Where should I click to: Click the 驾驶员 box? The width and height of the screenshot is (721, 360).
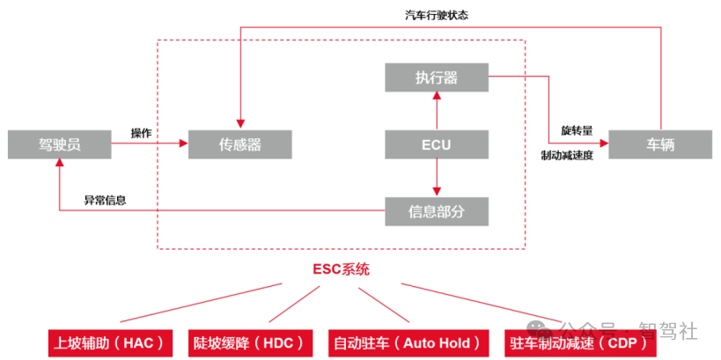[60, 144]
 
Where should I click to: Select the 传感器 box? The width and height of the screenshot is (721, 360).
[240, 144]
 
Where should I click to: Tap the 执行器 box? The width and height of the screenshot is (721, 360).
[437, 77]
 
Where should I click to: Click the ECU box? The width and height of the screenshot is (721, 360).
[437, 144]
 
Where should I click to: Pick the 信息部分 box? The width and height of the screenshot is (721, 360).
[437, 210]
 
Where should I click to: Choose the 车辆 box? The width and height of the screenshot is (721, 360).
[660, 144]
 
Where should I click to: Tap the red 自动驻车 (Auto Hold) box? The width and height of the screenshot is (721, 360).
[408, 342]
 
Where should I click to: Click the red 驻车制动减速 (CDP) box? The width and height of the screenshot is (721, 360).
[582, 342]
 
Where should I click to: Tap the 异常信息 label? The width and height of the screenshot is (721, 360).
[105, 200]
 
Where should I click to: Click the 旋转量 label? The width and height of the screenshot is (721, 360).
[577, 130]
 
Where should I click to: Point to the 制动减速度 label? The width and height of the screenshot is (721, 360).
[568, 155]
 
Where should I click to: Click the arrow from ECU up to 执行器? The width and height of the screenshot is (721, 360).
[437, 111]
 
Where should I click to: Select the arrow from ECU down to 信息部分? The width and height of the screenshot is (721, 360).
[437, 178]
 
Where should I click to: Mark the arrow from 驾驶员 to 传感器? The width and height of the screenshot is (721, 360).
[150, 144]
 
